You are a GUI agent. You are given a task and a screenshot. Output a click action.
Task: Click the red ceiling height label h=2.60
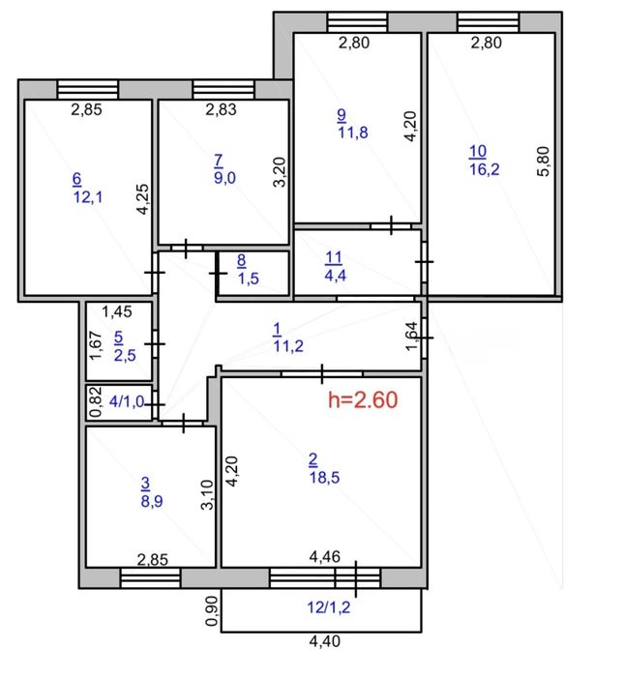[363, 399]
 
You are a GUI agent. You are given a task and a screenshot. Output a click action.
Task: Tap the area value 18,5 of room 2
[324, 478]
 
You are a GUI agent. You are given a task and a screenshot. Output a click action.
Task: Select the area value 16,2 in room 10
[484, 169]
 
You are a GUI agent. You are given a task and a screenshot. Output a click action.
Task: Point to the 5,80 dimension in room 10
[544, 162]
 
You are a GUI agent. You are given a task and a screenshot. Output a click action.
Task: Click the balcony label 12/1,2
[329, 607]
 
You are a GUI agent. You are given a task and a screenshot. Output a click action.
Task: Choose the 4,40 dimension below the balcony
[325, 641]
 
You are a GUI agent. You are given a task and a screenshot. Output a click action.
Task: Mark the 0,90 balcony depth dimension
[212, 611]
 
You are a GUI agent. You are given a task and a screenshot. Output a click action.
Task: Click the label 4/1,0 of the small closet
[127, 402]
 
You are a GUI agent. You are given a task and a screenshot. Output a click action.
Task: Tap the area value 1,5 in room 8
[249, 279]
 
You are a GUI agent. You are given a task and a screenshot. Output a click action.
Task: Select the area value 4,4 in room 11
[335, 275]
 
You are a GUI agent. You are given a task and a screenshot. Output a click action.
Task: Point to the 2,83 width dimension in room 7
[221, 109]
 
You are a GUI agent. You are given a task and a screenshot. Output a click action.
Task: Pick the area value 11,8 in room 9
[353, 132]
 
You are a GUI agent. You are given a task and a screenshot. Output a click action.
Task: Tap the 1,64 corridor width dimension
[412, 337]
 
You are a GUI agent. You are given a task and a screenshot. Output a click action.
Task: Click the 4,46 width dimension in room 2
[325, 556]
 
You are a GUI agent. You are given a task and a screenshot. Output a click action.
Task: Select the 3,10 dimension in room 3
[208, 495]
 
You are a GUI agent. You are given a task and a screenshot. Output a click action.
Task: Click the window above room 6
[88, 90]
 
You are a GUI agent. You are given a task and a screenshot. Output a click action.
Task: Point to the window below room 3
[150, 578]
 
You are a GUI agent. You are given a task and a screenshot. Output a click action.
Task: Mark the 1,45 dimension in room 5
[117, 311]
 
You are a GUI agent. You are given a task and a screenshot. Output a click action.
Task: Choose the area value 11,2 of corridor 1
[288, 346]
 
